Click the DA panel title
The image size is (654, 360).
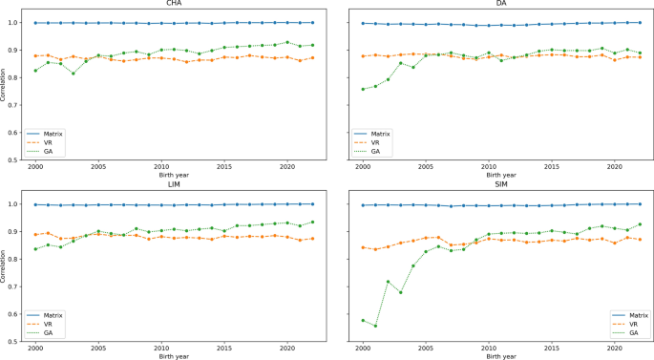click(503, 4)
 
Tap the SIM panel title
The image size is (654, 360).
click(503, 185)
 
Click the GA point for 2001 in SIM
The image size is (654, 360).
click(375, 326)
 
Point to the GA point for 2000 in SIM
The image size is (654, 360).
click(363, 320)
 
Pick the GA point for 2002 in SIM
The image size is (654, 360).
click(388, 282)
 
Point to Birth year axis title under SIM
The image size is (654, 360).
click(503, 355)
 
